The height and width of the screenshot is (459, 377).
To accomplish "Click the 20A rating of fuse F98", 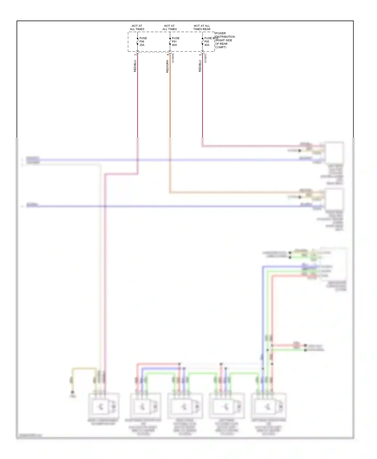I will (142, 45).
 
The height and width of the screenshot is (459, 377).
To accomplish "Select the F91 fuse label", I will (174, 42).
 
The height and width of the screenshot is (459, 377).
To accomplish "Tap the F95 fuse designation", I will (207, 42).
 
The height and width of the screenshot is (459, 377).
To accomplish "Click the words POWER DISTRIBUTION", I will (225, 35).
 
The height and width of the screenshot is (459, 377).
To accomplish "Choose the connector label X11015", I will (173, 58).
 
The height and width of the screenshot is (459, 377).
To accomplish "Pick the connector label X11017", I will (205, 58).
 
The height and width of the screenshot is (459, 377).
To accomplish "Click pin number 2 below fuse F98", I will (135, 54).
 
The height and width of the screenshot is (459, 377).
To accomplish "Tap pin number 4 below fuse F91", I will (168, 54).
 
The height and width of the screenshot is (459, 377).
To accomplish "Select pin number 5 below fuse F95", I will (200, 54).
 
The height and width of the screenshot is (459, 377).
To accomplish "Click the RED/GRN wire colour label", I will (167, 67).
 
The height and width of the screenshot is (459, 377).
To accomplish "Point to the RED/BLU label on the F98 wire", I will (135, 66).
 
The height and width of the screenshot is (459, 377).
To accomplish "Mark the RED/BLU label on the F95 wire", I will (200, 66).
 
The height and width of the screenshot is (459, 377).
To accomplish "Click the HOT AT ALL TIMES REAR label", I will (202, 27).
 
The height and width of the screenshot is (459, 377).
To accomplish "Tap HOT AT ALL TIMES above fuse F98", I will (137, 27).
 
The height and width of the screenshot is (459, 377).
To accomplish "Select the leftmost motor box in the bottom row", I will (103, 406).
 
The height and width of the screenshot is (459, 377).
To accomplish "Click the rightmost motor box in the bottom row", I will (268, 406).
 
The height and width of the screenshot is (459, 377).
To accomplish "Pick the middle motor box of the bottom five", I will (185, 406).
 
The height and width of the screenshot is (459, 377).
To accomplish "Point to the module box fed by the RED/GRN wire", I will (334, 199).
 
